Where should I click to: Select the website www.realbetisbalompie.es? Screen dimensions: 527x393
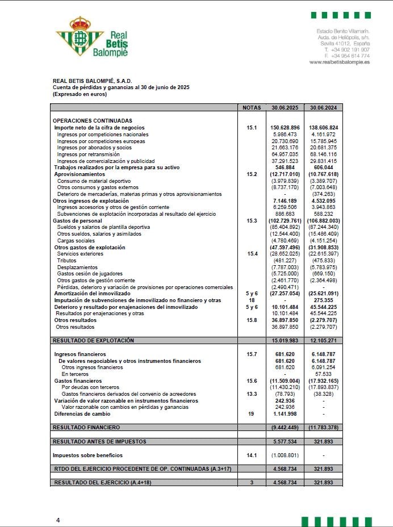point(340,62)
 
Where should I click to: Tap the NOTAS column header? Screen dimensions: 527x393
point(252,107)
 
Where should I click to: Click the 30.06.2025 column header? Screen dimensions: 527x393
point(285,107)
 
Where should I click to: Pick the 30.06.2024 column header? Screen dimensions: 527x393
point(323,107)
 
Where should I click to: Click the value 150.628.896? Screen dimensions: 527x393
point(285,128)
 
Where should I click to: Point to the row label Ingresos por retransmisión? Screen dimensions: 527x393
point(88,154)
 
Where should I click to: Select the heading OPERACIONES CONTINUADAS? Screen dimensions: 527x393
point(92,121)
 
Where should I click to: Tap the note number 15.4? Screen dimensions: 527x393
point(252,254)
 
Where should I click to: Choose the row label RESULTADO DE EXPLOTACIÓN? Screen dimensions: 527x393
point(93,341)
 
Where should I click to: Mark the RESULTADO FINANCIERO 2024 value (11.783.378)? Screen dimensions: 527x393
point(323,427)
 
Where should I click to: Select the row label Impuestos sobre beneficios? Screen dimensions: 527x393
point(87,455)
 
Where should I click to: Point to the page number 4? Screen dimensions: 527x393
point(58,520)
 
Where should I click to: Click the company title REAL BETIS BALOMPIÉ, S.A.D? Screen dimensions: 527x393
point(92,81)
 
